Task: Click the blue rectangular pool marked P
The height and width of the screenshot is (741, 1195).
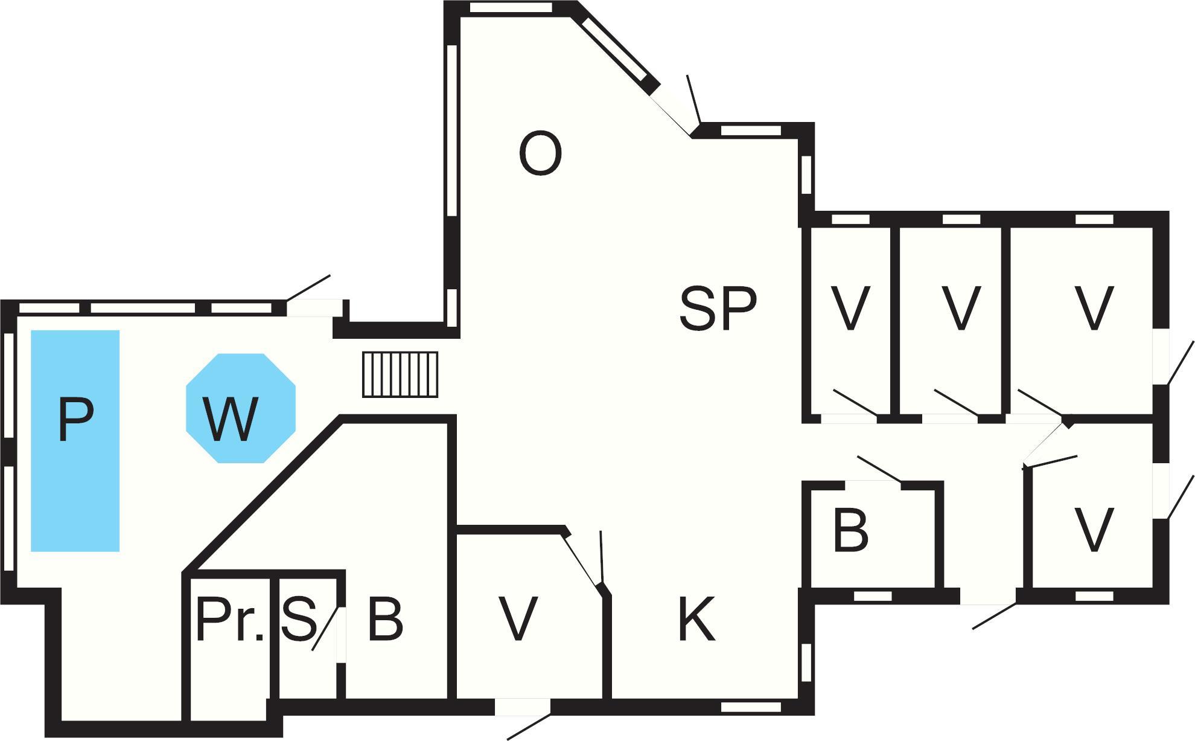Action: (x=75, y=441)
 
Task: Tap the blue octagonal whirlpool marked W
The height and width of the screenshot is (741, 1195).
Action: (x=241, y=408)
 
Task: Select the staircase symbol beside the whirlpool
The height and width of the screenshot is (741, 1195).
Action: (x=400, y=374)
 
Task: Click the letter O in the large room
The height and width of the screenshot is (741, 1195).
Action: (x=540, y=155)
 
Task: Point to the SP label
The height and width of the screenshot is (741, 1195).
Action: (x=718, y=309)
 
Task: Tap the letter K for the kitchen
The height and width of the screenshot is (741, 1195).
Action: (x=697, y=618)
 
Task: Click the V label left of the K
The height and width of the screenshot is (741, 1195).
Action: (x=518, y=619)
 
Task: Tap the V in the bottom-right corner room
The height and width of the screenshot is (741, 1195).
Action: (x=1094, y=530)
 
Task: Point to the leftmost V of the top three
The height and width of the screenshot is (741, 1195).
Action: (x=850, y=309)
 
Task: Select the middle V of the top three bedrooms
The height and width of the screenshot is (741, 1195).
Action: (x=961, y=309)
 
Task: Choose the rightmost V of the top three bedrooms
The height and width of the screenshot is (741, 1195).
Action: (x=1094, y=309)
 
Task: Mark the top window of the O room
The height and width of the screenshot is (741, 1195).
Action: (x=511, y=8)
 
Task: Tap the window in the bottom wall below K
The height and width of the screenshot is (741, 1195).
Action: (x=751, y=707)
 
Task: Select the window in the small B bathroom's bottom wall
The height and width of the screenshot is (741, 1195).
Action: (x=873, y=595)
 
